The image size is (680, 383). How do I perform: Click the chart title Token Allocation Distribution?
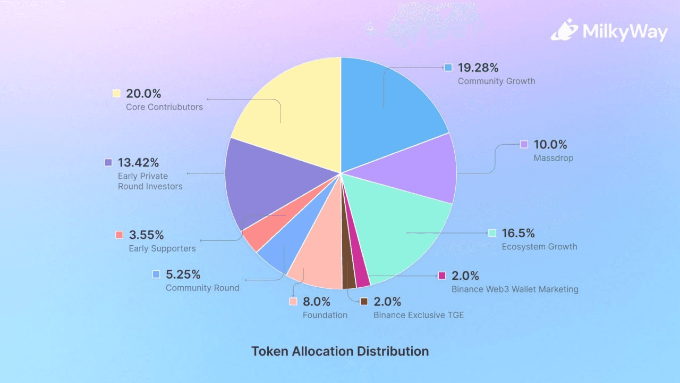(x=340, y=352)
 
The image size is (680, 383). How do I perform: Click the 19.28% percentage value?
(x=478, y=68)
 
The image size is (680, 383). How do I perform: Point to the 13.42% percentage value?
(x=138, y=162)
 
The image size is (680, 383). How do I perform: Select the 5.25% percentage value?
(x=183, y=274)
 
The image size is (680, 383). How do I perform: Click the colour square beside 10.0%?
(x=524, y=144)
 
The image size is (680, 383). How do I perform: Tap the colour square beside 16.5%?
(x=492, y=233)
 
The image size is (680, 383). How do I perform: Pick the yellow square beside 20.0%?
(x=116, y=94)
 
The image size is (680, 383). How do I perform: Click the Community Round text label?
(x=202, y=288)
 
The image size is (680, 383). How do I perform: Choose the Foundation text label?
(x=325, y=315)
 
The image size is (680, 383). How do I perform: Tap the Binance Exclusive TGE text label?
(x=419, y=315)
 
